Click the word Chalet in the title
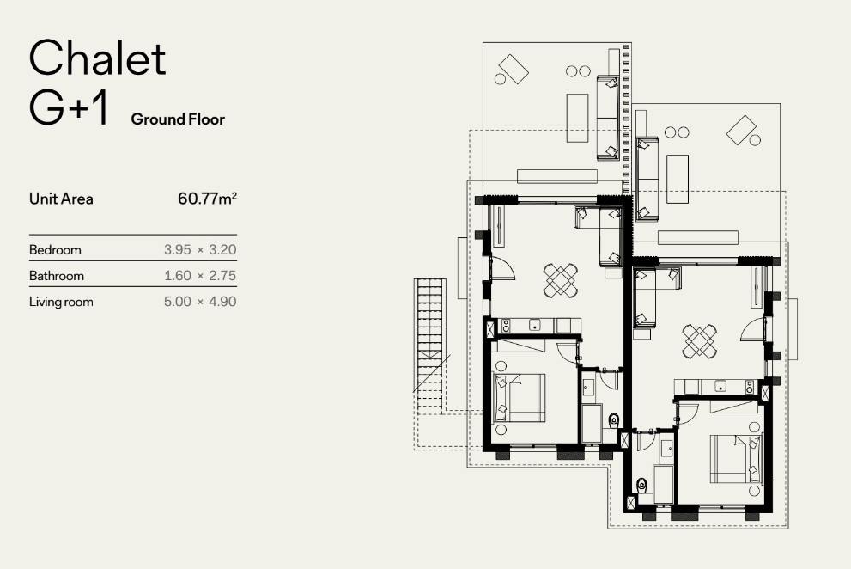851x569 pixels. pos(97,58)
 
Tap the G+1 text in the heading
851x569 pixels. pos(69,108)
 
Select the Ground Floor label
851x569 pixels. pos(178,119)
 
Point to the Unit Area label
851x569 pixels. pos(61,199)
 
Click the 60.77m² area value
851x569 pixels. pos(207,199)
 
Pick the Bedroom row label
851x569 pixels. pos(55,250)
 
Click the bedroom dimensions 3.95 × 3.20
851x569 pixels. pos(200,249)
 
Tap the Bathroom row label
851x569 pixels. pos(57,276)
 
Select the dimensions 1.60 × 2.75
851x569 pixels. pos(200,276)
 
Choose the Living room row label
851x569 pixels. pos(61,302)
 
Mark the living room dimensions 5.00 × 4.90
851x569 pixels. pos(200,302)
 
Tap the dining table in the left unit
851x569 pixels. pos(561,280)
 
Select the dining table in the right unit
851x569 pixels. pos(700,341)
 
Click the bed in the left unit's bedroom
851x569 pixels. pos(520,398)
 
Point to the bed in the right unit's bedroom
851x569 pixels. pos(736,459)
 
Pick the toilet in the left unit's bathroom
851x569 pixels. pos(613,419)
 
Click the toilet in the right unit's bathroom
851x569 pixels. pos(641,484)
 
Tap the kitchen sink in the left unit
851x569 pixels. pos(535,326)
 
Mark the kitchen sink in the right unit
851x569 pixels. pos(720,387)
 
